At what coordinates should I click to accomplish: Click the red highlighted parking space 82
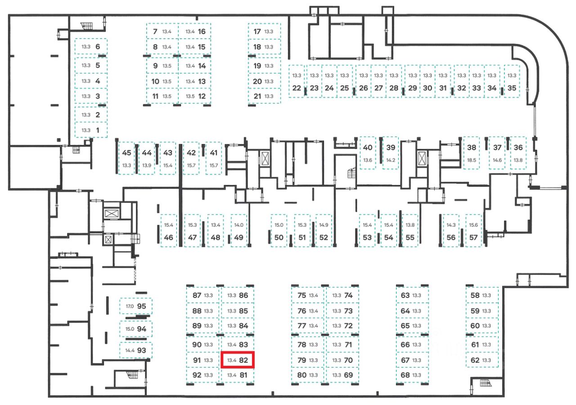[x=238, y=360]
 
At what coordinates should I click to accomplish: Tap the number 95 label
[x=142, y=306]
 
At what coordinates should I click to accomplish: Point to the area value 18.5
[x=472, y=160]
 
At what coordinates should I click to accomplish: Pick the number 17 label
[x=257, y=31]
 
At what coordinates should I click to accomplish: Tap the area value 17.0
[x=130, y=306]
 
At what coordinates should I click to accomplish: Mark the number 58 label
[x=475, y=296]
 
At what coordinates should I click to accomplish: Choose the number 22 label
[x=296, y=88]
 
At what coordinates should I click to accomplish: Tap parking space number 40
[x=368, y=153]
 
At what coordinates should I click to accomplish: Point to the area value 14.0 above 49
[x=238, y=225]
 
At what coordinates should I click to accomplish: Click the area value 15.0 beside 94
[x=130, y=329]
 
